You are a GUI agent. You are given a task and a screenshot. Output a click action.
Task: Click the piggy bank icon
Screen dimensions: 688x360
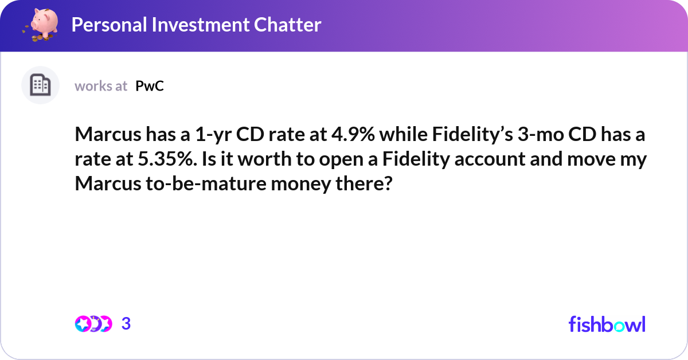click(x=41, y=25)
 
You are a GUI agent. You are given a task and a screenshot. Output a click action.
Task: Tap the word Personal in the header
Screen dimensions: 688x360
click(x=109, y=25)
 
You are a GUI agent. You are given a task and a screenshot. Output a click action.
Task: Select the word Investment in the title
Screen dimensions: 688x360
click(x=200, y=25)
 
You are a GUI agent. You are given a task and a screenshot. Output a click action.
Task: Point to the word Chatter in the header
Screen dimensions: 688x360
click(x=287, y=25)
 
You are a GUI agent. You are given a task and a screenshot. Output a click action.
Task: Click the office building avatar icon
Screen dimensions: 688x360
click(x=40, y=85)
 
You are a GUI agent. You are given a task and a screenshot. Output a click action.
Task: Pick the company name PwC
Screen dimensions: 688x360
click(x=150, y=86)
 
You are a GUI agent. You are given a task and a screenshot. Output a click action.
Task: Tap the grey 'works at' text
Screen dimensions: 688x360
click(x=101, y=86)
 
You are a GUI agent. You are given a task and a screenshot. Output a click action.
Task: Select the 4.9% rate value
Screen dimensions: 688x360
click(x=353, y=134)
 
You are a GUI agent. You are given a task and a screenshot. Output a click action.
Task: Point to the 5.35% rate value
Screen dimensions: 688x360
click(x=167, y=159)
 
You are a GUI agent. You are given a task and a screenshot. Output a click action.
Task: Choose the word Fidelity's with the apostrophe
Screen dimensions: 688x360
click(x=472, y=135)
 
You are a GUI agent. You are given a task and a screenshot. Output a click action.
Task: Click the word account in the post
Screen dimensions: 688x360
click(x=490, y=159)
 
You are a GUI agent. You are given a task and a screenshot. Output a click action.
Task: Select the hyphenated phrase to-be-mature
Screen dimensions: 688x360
click(x=206, y=183)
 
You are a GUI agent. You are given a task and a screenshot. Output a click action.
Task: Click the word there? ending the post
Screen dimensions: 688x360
click(x=364, y=183)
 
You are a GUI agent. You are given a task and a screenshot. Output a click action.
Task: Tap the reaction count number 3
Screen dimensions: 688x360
click(x=126, y=324)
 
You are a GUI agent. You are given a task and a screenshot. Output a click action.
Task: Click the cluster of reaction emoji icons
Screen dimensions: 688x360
click(x=93, y=324)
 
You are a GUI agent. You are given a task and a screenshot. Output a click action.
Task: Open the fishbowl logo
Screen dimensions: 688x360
click(x=607, y=324)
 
